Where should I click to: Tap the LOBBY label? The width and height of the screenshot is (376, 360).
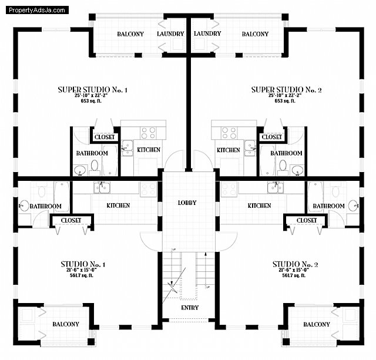187,203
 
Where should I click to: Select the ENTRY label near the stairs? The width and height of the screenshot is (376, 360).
189,308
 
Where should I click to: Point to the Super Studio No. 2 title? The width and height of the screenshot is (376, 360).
286,89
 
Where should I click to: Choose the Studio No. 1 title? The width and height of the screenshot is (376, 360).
83,264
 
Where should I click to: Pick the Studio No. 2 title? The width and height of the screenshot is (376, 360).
295,264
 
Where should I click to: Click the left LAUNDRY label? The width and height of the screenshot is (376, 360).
170,33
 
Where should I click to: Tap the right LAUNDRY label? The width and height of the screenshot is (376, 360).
207,33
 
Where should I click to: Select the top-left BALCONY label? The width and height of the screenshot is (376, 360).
130,34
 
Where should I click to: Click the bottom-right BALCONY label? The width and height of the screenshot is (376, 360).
317,324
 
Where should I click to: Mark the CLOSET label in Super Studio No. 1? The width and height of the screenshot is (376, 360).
105,137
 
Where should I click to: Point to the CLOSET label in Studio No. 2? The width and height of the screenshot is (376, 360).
306,220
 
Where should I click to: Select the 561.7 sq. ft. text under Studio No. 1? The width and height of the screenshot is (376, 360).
83,275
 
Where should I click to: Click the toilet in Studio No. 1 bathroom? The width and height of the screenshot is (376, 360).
41,191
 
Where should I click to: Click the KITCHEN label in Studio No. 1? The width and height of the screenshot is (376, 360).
118,206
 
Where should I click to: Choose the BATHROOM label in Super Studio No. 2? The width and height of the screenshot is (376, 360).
286,153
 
